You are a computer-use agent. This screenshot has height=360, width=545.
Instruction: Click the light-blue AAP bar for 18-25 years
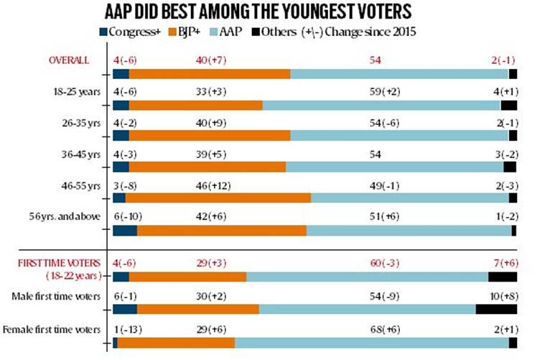(x=381, y=105)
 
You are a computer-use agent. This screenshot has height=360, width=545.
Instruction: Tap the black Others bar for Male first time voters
(x=496, y=309)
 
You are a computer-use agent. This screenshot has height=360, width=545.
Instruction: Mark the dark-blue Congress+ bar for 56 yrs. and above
(x=125, y=231)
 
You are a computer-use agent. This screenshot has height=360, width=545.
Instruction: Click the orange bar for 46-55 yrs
(x=218, y=198)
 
